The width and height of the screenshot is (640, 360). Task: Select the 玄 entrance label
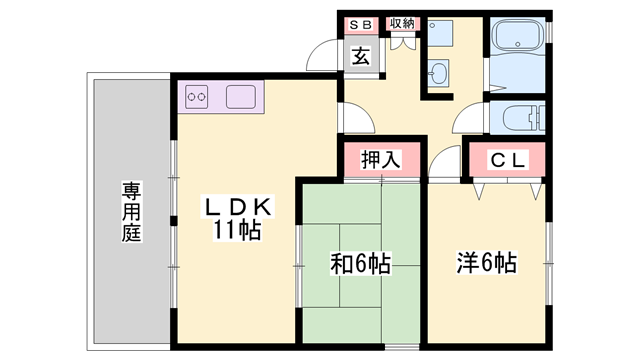click(x=360, y=57)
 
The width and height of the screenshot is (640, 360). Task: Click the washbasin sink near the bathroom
click(x=439, y=72)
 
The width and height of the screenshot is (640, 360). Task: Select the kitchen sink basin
click(x=240, y=98)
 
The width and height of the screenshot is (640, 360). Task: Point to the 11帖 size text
click(x=236, y=232)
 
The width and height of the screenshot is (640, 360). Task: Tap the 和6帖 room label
click(x=360, y=264)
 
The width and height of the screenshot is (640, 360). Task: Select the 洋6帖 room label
click(x=487, y=264)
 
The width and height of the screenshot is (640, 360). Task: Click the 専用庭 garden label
click(x=131, y=211)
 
